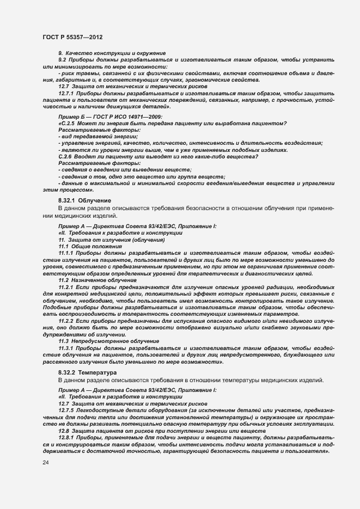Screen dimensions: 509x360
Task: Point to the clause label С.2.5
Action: (69, 124)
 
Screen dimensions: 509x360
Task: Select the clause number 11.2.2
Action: (66, 322)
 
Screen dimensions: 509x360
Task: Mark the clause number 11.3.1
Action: (66, 347)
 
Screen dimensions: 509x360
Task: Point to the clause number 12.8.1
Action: (66, 437)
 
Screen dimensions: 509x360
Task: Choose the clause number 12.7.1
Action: (66, 93)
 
